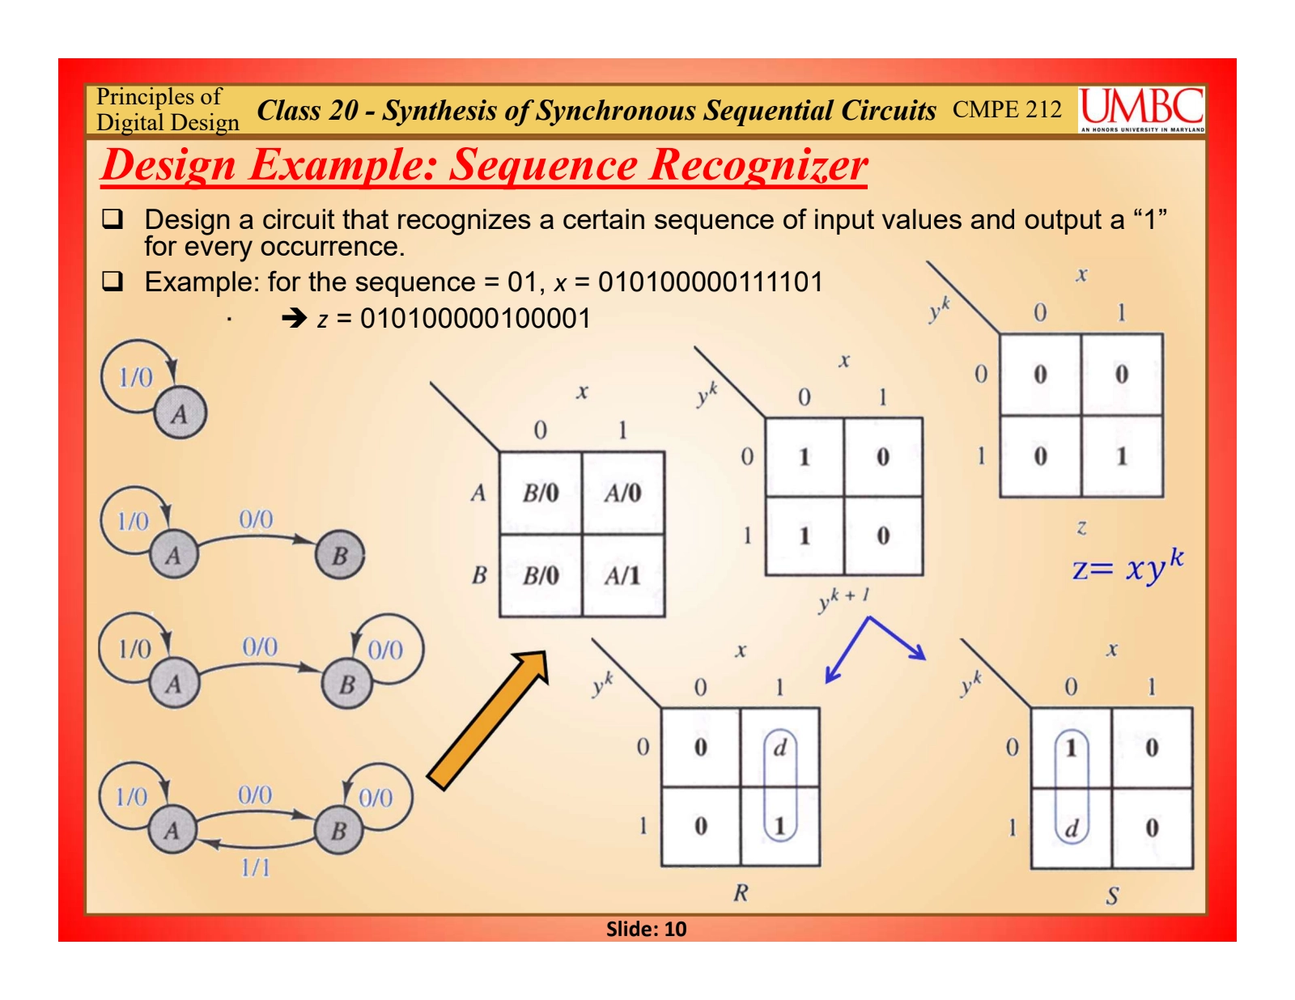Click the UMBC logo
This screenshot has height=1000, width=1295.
(1141, 109)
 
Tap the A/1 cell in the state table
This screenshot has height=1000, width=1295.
(622, 575)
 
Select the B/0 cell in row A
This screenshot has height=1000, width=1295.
(540, 493)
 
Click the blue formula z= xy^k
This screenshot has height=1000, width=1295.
(1127, 566)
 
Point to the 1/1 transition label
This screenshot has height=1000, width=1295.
(256, 868)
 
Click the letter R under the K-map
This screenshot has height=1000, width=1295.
(741, 893)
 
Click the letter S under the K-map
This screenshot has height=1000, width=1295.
(1112, 896)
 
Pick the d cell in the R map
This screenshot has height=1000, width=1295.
(779, 748)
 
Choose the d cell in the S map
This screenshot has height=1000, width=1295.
(1071, 828)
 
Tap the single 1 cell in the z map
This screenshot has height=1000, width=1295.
(1121, 456)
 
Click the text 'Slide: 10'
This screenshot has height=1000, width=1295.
(646, 929)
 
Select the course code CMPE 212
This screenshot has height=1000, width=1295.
(1007, 109)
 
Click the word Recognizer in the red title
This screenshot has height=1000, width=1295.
(759, 165)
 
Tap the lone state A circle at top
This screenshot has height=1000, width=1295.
(180, 414)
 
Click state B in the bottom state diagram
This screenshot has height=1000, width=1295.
(339, 830)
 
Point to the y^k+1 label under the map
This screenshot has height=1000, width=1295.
(843, 600)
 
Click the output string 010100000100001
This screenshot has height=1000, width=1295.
(475, 319)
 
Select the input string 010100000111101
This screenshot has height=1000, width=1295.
(710, 282)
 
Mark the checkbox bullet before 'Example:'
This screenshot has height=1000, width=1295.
(112, 282)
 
